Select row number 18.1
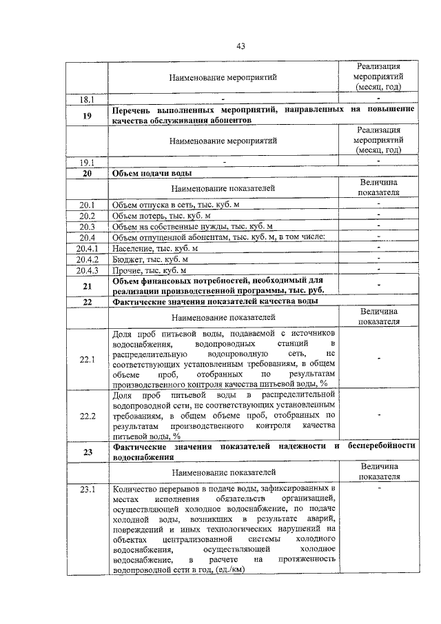click(88, 99)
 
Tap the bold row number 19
click(88, 115)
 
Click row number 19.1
click(88, 162)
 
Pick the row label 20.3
click(88, 226)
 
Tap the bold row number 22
click(88, 302)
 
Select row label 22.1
click(88, 359)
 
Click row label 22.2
click(88, 416)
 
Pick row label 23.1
click(88, 490)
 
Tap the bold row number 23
click(88, 452)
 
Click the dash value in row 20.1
click(378, 205)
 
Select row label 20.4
click(88, 237)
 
